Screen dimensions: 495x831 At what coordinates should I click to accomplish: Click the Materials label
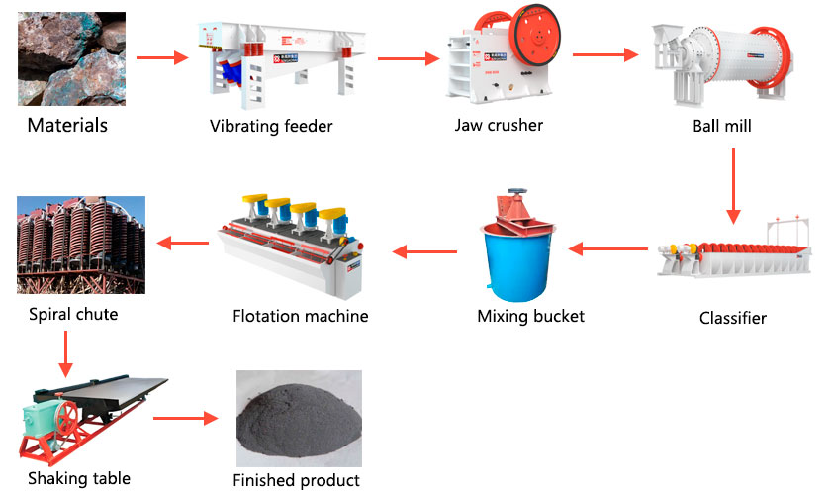67,126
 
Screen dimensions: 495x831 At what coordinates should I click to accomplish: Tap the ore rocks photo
71,58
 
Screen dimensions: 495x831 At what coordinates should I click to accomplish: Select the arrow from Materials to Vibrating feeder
161,57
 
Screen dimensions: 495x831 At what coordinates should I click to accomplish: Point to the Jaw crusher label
499,125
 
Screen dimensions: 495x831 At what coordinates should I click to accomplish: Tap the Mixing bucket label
530,316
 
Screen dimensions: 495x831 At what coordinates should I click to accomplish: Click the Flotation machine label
300,316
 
